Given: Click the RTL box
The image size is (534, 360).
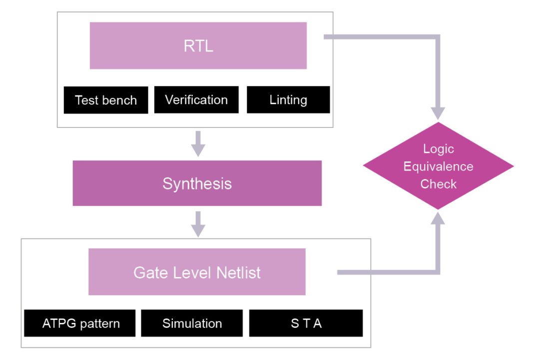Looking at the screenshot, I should pos(198,45).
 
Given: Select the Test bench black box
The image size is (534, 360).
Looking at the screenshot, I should pos(106,100).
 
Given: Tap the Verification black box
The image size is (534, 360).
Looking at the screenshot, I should pos(196,99).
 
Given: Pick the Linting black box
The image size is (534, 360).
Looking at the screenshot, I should pos(288,99).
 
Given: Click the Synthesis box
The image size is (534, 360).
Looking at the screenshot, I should pos(197,183).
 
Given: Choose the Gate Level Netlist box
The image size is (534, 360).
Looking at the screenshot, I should pos(197,273).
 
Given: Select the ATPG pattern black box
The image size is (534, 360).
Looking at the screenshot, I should pos(80,323).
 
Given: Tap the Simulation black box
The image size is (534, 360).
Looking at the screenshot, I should pos(192,323).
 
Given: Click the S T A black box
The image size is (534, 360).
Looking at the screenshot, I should pos(306,323).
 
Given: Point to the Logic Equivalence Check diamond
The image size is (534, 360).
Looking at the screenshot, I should pos(438,166).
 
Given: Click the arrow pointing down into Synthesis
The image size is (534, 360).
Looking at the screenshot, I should pos(198,144).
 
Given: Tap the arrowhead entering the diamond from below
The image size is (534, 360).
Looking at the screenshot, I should pos(438,218).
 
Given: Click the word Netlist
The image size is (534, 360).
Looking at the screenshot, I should pos(238,273).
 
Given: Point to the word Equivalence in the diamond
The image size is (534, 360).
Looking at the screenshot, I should pos(438,166).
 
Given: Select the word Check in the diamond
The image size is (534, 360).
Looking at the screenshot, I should pos(438,184).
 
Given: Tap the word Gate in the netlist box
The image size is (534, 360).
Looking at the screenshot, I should pos(149,273).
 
